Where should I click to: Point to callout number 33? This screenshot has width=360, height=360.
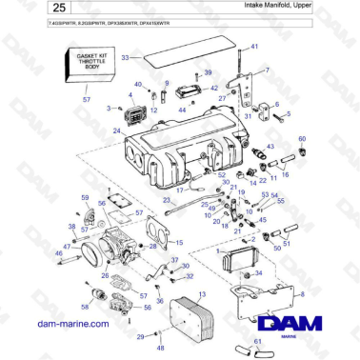(x=124, y=58)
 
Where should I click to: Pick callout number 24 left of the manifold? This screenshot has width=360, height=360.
(x=116, y=132)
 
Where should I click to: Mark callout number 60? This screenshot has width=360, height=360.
(x=302, y=140)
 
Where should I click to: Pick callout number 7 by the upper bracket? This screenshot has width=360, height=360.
(x=267, y=71)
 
